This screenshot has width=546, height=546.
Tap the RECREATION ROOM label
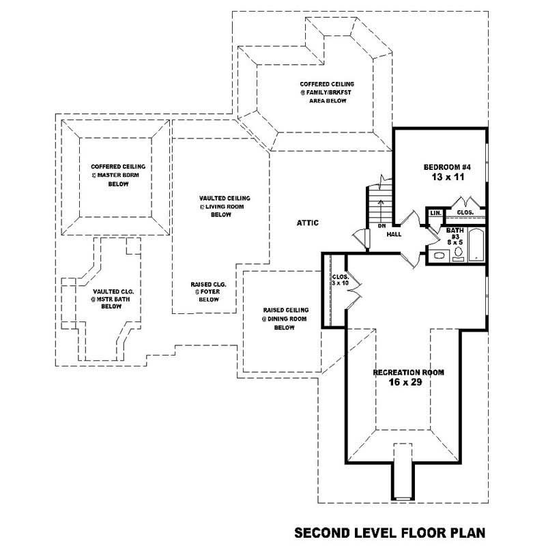pos(408,373)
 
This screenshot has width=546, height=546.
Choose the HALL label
pos(394,234)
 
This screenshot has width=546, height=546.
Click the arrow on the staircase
pos(381,203)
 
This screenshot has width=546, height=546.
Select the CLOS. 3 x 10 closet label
pos(339,280)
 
